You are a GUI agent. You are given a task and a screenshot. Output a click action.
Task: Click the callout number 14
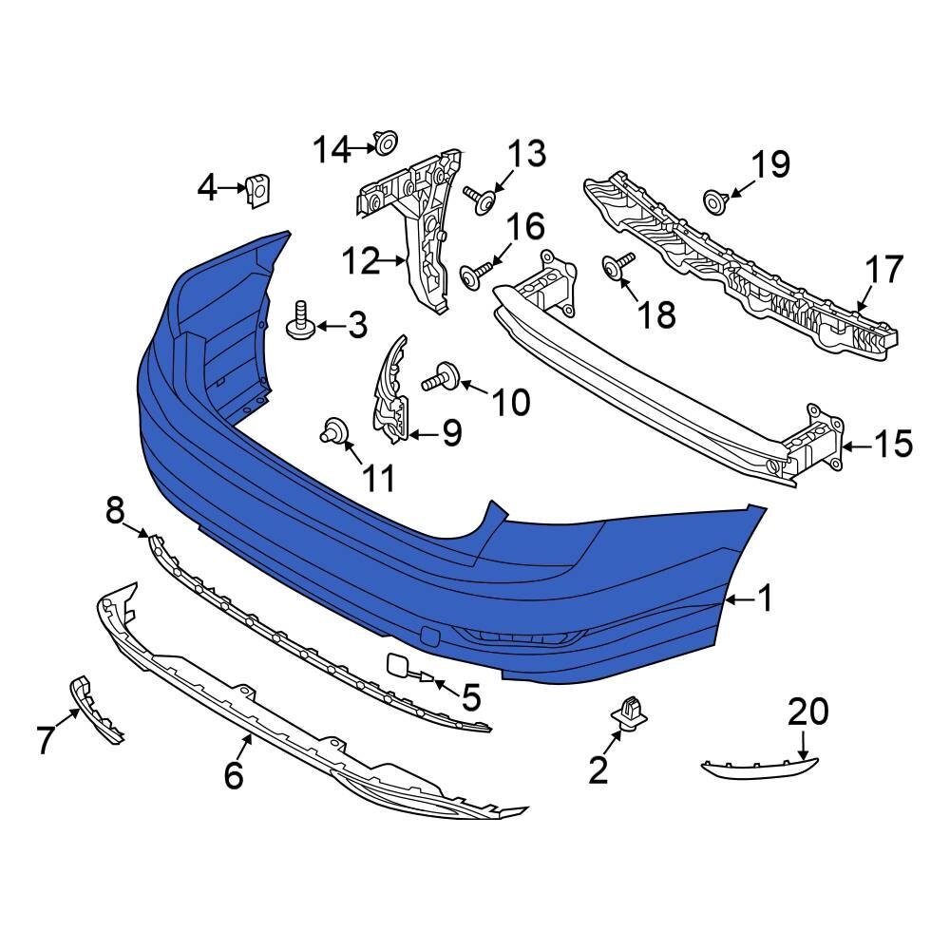click(332, 149)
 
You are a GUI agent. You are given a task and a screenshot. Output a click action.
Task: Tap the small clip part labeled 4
click(256, 189)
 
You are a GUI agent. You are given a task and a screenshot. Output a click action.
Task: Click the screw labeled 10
click(445, 378)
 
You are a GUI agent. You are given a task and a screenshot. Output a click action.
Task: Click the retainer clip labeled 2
click(625, 713)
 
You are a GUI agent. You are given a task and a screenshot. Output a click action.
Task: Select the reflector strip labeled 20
click(758, 766)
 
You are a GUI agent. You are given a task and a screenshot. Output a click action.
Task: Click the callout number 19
click(770, 165)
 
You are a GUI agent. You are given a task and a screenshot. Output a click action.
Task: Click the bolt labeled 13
click(483, 197)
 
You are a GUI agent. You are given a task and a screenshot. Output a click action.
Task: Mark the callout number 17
click(884, 271)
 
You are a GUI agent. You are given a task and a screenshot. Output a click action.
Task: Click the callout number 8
click(115, 513)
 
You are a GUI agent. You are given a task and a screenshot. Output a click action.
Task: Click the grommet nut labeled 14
click(385, 144)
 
